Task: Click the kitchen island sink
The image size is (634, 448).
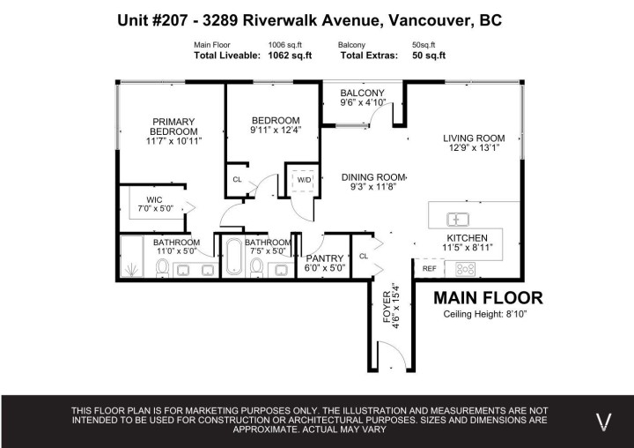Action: (x=458, y=219)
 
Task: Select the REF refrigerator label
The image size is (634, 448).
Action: (x=430, y=268)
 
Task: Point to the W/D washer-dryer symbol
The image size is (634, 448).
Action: (x=304, y=180)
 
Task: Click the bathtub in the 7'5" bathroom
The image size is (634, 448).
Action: (x=233, y=257)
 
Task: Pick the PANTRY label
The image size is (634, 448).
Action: (x=324, y=258)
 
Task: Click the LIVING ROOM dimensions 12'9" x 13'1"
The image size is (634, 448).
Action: (x=474, y=148)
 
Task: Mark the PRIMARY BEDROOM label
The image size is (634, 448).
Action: (x=173, y=127)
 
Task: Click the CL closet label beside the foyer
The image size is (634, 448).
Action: (x=363, y=256)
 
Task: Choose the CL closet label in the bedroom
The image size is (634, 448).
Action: (x=237, y=179)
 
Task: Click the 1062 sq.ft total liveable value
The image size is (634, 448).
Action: (x=289, y=56)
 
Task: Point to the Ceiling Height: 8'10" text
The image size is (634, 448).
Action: (x=484, y=314)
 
